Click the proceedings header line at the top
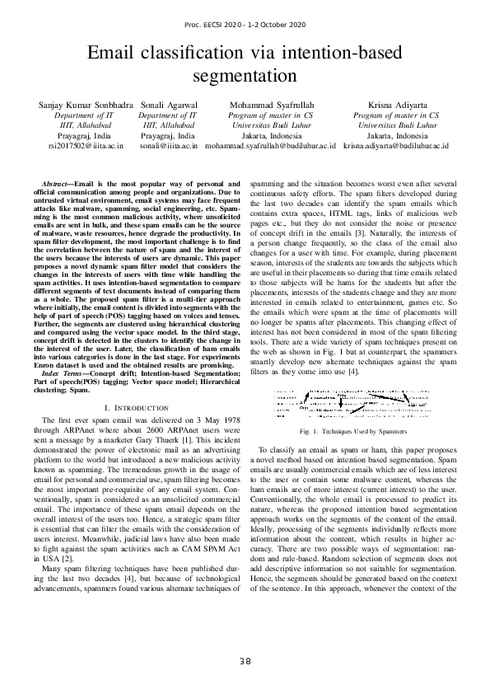(x=245, y=26)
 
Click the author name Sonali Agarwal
(x=169, y=106)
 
